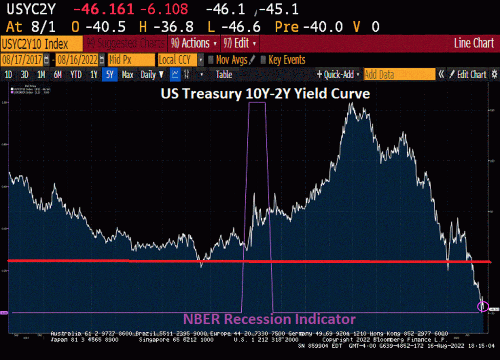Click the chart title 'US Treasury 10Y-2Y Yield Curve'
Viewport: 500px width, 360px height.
tap(265, 94)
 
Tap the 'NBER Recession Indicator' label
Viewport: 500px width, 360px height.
tap(269, 319)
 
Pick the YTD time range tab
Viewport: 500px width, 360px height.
tap(76, 75)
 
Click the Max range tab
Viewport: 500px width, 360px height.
tap(127, 75)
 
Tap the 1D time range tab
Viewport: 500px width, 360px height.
tap(8, 75)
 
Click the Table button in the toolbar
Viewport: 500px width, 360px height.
tap(224, 75)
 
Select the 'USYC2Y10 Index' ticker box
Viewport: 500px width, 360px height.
tap(42, 43)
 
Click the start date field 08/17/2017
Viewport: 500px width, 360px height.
tap(22, 60)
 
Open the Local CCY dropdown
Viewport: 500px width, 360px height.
tap(180, 60)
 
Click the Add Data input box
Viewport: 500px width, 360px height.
tap(398, 75)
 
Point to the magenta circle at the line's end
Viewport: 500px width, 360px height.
tap(482, 306)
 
